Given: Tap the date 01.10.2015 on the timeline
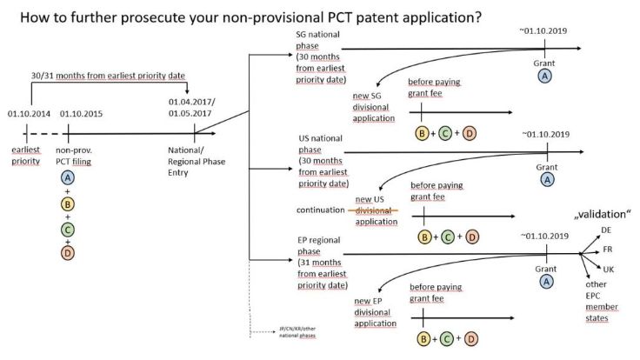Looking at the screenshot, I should click(x=83, y=113).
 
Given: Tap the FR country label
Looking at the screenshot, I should click(x=608, y=250).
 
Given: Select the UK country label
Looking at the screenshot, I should click(x=608, y=270).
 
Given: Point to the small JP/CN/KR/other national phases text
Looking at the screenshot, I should click(x=295, y=333).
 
